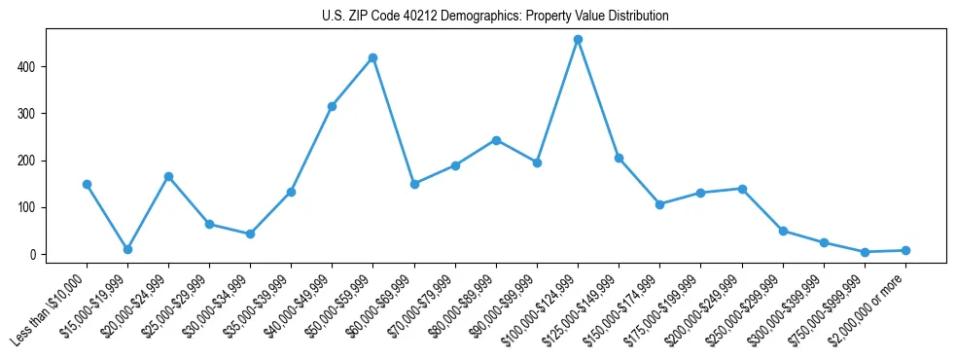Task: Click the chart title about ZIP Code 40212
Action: point(495,17)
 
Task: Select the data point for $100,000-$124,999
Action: point(578,40)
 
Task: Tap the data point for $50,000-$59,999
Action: point(372,58)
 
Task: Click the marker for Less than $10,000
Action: point(87,184)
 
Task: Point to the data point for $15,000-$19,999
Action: point(127,250)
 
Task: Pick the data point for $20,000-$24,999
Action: point(168,177)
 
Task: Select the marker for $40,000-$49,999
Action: point(332,106)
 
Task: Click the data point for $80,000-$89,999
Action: point(496,140)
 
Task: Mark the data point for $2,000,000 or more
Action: point(905,251)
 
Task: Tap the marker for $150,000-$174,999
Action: point(659,204)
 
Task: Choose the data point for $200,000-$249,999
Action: point(742,189)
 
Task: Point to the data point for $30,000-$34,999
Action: point(250,234)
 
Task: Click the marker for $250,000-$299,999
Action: point(783,232)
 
